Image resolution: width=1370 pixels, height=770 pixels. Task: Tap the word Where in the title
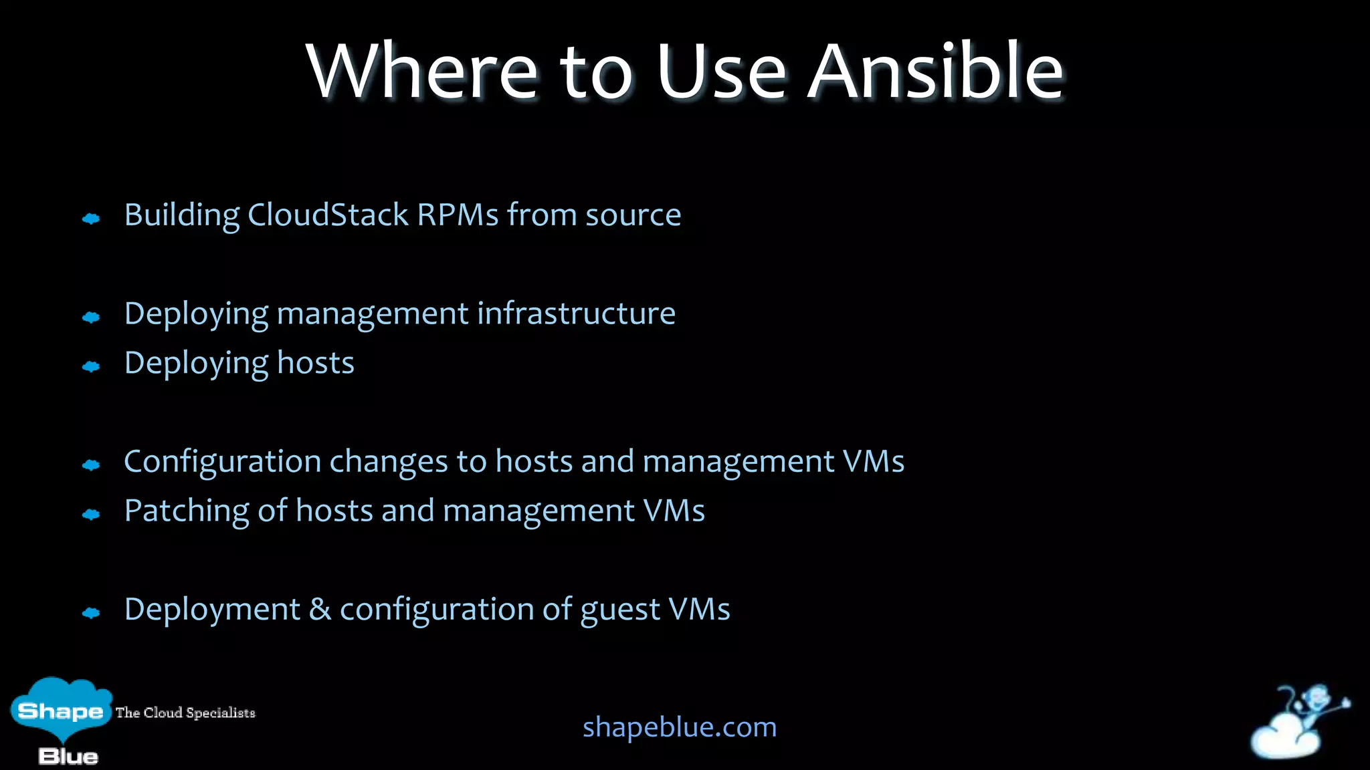point(422,71)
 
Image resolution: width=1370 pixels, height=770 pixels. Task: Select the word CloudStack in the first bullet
point(328,215)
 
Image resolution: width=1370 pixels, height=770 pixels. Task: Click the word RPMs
point(458,215)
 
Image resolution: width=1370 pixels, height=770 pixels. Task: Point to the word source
point(633,215)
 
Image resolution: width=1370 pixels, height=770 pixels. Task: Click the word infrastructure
point(576,313)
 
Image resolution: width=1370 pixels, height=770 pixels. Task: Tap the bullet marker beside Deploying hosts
point(91,366)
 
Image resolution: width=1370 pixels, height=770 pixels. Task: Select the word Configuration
point(223,462)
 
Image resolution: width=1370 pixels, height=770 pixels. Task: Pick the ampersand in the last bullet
point(320,610)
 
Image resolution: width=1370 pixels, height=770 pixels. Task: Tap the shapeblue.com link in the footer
point(680,727)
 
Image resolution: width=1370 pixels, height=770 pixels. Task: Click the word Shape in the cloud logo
point(60,711)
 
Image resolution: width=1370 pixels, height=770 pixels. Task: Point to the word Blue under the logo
point(68,757)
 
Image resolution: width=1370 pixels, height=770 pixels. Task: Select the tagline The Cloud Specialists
point(185,713)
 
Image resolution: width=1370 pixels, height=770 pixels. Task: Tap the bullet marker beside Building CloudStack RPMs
point(91,219)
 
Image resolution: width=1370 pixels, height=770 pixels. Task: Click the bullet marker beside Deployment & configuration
point(91,613)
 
